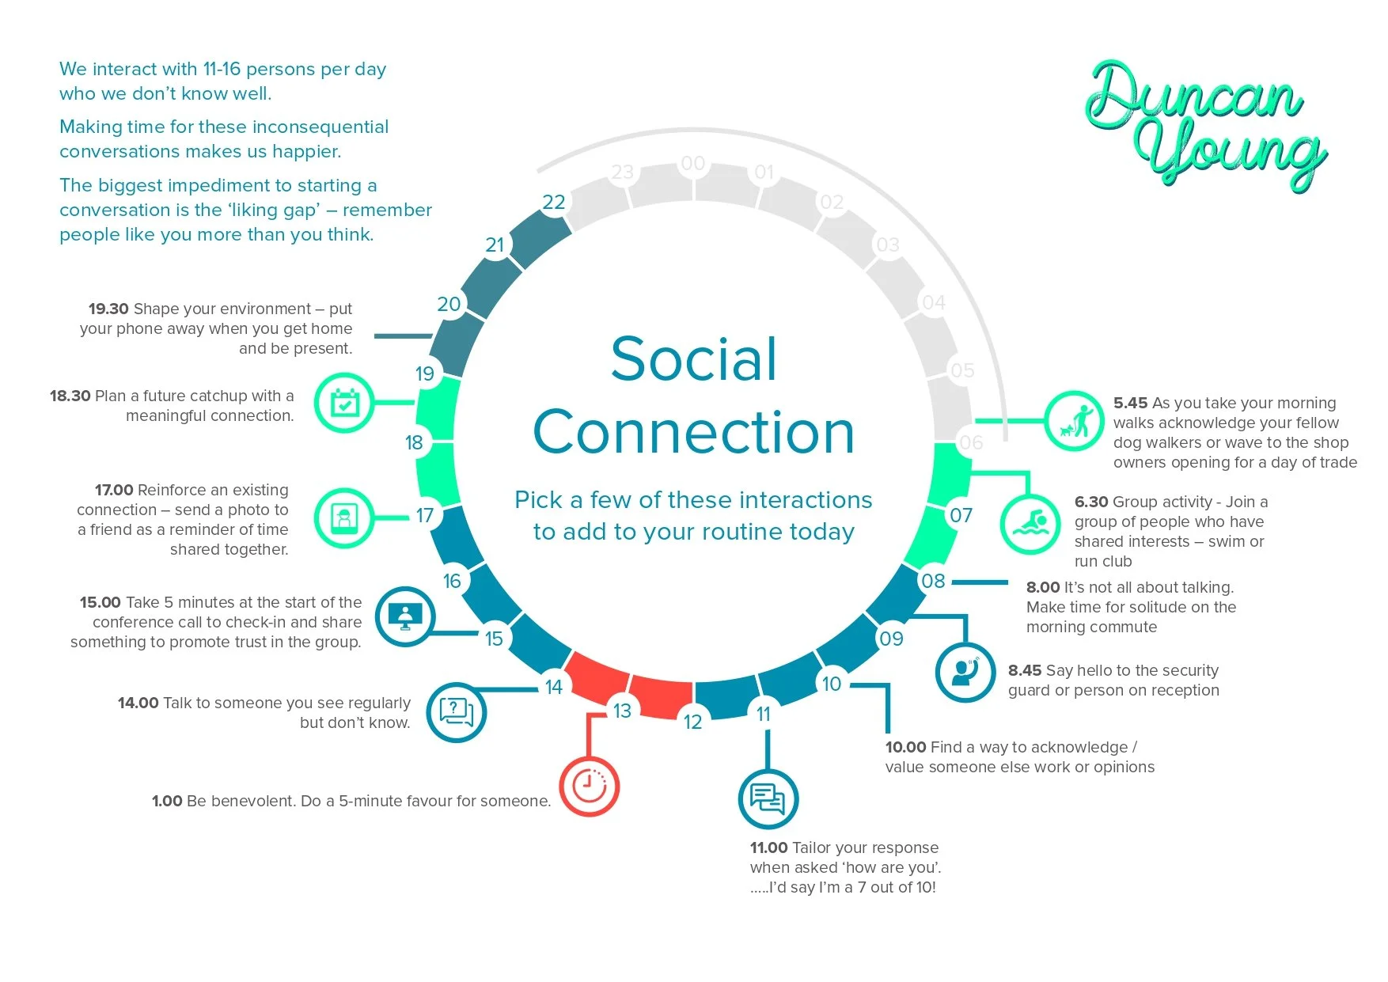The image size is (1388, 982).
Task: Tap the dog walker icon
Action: (1074, 421)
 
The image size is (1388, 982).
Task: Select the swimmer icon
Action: (1030, 524)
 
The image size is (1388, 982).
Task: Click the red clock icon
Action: (589, 786)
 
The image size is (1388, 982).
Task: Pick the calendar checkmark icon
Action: (344, 403)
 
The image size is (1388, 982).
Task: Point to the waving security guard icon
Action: (965, 672)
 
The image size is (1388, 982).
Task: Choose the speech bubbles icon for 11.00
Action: (768, 798)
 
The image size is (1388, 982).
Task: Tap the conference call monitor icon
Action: (405, 616)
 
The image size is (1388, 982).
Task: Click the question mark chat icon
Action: (457, 711)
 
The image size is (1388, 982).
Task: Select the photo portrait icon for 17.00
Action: (344, 518)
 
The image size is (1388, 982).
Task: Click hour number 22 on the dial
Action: (554, 203)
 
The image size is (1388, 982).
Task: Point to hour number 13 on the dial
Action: (623, 711)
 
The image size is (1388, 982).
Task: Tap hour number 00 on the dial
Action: (693, 164)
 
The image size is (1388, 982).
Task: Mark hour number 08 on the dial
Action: (934, 581)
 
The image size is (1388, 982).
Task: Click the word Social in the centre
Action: (694, 359)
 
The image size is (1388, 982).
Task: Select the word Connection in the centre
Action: (694, 432)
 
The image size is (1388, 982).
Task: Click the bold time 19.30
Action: (108, 309)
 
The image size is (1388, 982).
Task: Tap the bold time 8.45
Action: (1025, 670)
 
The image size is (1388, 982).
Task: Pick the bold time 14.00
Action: (138, 703)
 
